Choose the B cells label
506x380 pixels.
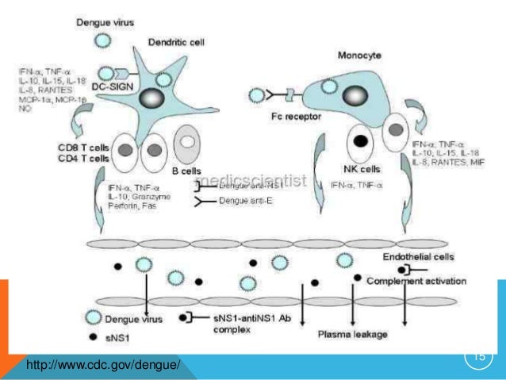tap(179, 171)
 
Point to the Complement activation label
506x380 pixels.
tap(418, 280)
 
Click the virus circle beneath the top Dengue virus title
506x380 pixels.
tap(102, 40)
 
